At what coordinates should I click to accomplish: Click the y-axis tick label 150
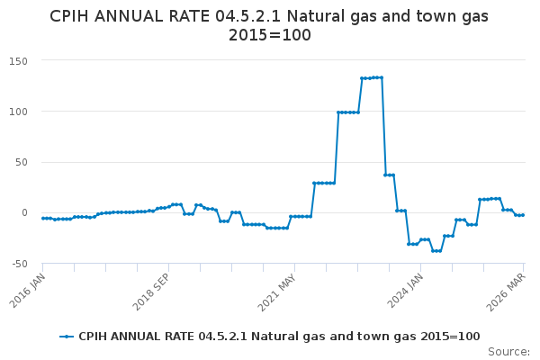[20, 61]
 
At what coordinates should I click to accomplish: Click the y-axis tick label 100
[20, 112]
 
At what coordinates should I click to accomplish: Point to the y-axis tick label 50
[22, 162]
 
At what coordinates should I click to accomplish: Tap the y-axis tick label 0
[26, 213]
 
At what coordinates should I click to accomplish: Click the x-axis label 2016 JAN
[26, 292]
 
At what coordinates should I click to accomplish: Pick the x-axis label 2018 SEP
[151, 292]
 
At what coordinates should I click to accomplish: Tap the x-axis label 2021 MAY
[275, 292]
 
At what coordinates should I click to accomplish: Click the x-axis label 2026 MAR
[507, 292]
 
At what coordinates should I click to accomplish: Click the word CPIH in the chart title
[71, 16]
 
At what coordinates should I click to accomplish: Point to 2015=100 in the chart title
[270, 36]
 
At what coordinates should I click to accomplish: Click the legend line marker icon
[67, 337]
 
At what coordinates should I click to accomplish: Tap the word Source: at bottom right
[508, 351]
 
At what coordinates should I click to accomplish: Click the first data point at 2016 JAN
[42, 218]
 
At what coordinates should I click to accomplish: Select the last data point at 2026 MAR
[523, 215]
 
